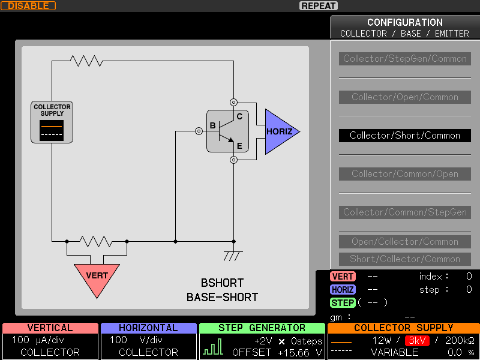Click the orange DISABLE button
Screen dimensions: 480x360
(x=28, y=6)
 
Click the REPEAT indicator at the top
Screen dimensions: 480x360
(x=319, y=6)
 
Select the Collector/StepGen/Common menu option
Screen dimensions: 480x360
(x=404, y=58)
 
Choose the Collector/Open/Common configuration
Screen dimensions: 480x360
(x=404, y=97)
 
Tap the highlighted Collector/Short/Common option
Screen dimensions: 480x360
(x=404, y=136)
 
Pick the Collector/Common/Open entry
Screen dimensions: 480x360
(x=404, y=174)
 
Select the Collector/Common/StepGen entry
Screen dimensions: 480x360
(x=404, y=212)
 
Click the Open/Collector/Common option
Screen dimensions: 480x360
(x=404, y=242)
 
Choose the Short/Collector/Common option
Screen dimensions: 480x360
(x=404, y=259)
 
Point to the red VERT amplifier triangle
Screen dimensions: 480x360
(x=97, y=278)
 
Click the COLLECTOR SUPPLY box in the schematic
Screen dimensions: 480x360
(x=52, y=122)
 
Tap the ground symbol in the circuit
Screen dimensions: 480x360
(x=233, y=256)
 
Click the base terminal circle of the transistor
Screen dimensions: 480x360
(x=199, y=131)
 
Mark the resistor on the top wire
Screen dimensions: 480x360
(x=86, y=61)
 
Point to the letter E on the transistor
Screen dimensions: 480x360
(x=239, y=146)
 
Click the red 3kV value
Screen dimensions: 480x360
(x=417, y=340)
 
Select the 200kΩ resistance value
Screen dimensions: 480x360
(x=460, y=340)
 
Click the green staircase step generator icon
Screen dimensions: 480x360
(x=213, y=347)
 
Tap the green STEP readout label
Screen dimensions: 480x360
(x=343, y=303)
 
